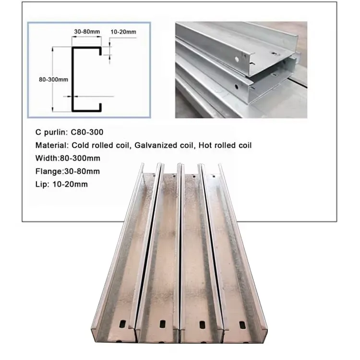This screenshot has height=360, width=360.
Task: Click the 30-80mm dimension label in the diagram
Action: tap(87, 32)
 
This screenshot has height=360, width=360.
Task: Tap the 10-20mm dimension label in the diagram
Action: tap(123, 32)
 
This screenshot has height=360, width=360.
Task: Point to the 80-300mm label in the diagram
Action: tap(53, 80)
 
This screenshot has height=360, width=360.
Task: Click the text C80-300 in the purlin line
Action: tap(87, 132)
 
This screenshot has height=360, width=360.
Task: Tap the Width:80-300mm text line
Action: tap(68, 158)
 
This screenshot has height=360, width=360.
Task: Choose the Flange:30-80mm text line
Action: tap(68, 171)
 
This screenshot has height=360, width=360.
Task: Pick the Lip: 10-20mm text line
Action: tap(61, 184)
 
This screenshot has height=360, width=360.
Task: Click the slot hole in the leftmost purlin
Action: tap(122, 324)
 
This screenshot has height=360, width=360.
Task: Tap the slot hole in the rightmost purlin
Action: tap(242, 324)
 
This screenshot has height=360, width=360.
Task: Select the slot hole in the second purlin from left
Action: tap(163, 324)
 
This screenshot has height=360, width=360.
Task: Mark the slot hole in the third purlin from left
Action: tap(203, 324)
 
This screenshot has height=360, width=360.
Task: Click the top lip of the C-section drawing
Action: tap(100, 51)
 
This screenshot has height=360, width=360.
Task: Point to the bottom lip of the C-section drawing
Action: tap(100, 107)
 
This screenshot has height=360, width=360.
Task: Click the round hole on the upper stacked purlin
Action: tap(237, 59)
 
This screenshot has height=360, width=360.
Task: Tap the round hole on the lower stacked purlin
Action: tap(237, 86)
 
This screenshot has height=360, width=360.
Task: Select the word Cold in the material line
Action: tap(80, 145)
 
